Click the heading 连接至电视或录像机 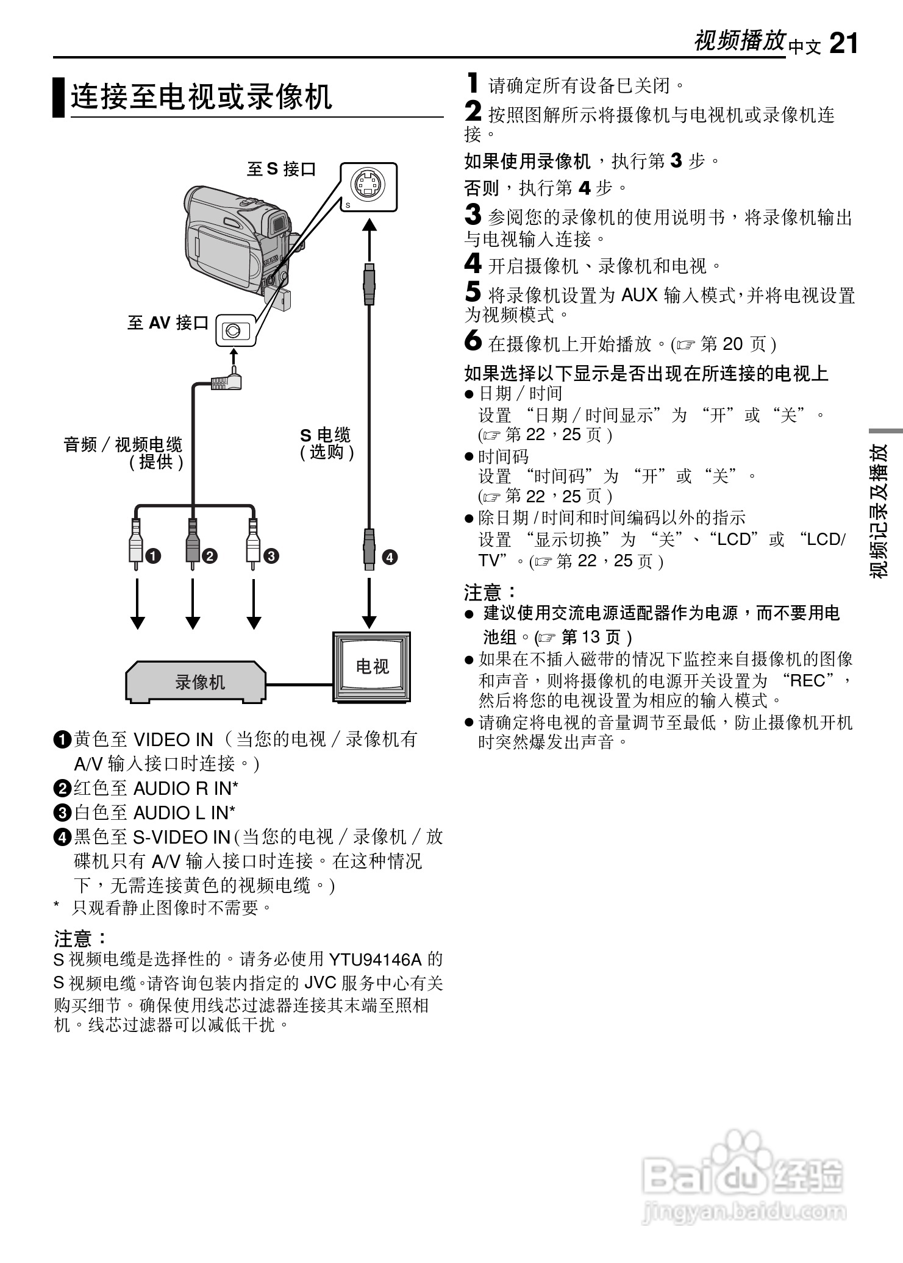[x=201, y=97]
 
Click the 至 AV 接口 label [x=168, y=323]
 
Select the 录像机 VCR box [x=196, y=681]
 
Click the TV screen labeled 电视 [x=371, y=666]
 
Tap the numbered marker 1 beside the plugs [x=152, y=555]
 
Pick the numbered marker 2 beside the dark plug [x=209, y=555]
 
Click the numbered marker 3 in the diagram [x=271, y=555]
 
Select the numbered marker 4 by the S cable [x=389, y=557]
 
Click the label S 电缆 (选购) [x=326, y=443]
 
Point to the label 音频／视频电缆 [x=123, y=444]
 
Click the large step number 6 [x=473, y=341]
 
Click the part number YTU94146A [x=375, y=959]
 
